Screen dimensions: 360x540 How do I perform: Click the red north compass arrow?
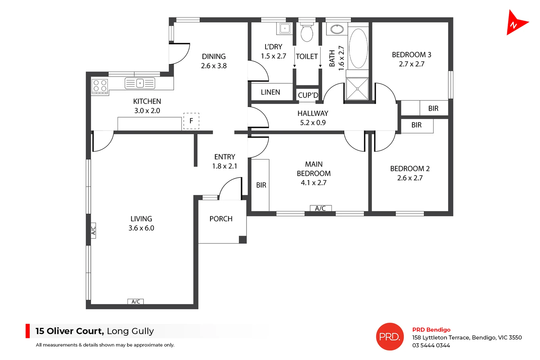pos(515,23)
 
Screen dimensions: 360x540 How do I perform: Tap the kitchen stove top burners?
pos(100,86)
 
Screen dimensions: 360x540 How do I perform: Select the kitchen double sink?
pos(140,83)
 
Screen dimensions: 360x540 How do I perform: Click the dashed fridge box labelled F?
pos(191,121)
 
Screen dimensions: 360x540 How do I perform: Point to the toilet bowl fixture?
pos(307,32)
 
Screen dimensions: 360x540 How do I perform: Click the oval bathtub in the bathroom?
pos(358,48)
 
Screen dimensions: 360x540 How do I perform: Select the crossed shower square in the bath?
pos(357,89)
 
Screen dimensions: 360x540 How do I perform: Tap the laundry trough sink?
pos(285,29)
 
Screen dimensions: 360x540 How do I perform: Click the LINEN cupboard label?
pos(271,92)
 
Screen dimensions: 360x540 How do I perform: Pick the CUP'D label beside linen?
pos(308,95)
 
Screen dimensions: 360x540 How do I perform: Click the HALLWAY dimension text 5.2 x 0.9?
pos(313,123)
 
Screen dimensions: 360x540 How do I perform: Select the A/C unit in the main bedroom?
pos(321,208)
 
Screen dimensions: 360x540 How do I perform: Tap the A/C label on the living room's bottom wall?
pos(136,302)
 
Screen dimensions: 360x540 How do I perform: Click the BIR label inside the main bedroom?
pos(261,185)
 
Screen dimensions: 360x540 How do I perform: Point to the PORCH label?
pos(221,219)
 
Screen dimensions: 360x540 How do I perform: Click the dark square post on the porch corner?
pos(242,240)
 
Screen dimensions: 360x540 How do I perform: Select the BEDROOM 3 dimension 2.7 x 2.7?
pos(412,64)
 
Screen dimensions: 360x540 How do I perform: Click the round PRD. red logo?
pos(390,337)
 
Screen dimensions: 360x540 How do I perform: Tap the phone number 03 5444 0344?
pos(431,346)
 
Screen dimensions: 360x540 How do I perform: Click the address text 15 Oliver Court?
pos(70,331)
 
